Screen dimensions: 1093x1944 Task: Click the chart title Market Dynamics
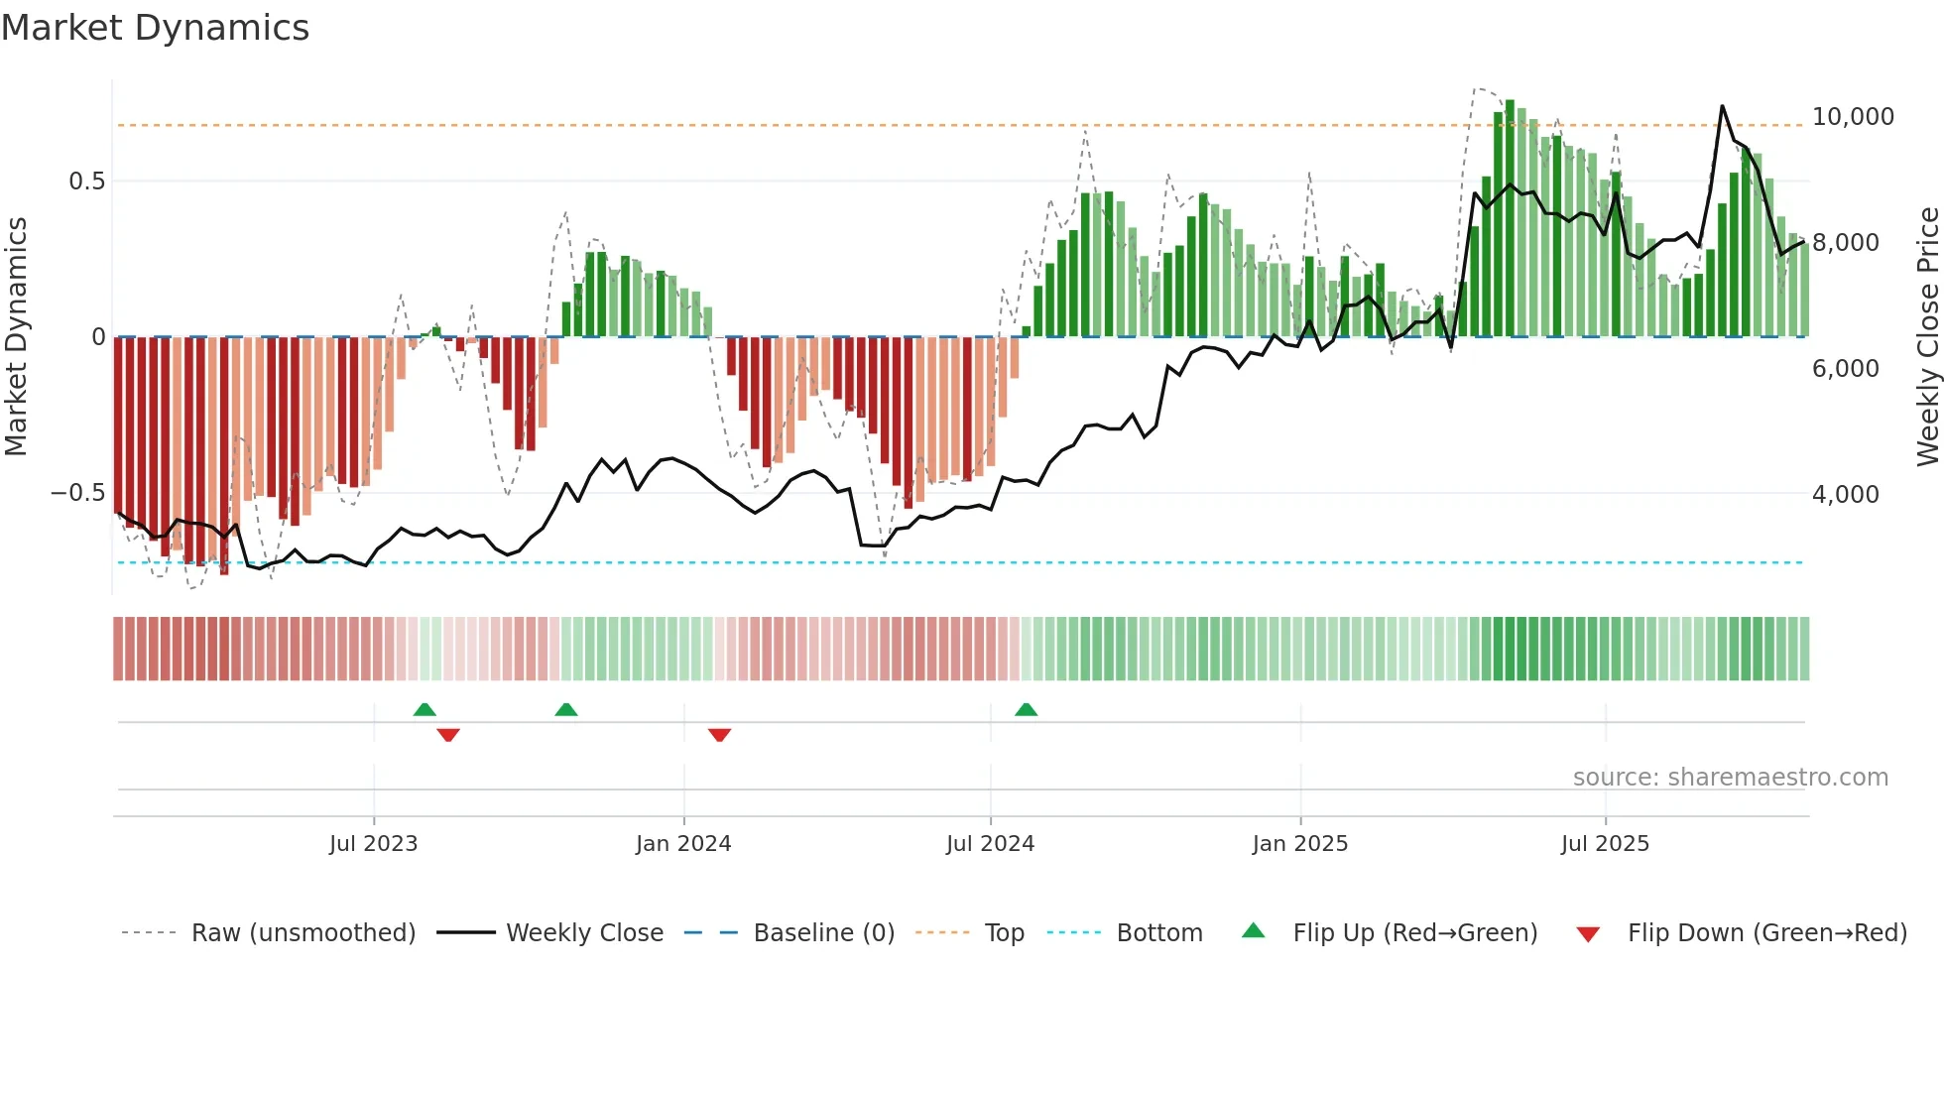click(156, 28)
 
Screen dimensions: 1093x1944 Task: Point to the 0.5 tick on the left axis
click(86, 182)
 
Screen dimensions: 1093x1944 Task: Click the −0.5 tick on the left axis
click(78, 493)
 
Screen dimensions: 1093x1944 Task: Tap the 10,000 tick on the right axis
click(1852, 117)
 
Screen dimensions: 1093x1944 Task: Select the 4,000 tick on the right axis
click(1845, 495)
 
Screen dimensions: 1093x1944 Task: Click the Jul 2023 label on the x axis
click(373, 844)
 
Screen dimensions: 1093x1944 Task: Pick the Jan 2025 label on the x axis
click(1299, 844)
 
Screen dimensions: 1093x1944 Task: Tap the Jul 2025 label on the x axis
click(1604, 844)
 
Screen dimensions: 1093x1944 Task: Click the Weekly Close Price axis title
click(1927, 337)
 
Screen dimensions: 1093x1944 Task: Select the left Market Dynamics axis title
click(16, 337)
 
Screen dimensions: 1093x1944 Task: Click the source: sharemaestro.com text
click(1730, 778)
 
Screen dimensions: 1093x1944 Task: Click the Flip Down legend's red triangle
click(1587, 934)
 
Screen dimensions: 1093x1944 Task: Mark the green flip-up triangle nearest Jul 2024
click(1026, 710)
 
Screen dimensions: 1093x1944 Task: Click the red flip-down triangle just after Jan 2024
click(719, 735)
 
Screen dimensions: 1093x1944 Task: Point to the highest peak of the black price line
click(1722, 106)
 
